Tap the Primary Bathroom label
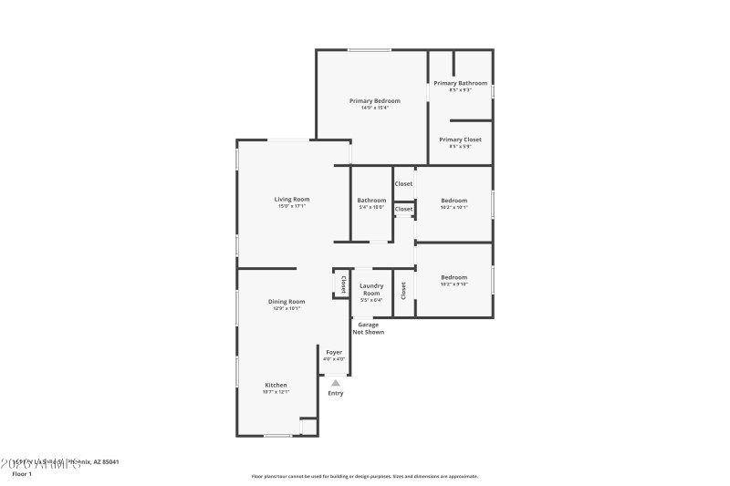(460, 83)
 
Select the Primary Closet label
(460, 140)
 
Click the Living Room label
(292, 199)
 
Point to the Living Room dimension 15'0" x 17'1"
(292, 206)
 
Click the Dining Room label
(287, 301)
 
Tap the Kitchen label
(276, 385)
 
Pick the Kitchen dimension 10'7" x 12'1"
(276, 392)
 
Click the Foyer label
(335, 352)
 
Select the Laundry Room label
(371, 289)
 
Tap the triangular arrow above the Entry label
(335, 383)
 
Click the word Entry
(336, 393)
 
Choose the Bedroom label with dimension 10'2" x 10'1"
(454, 201)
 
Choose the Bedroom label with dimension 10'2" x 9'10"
(454, 277)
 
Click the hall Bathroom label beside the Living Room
(371, 201)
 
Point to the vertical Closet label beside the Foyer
(343, 284)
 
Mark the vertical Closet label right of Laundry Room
(403, 291)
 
